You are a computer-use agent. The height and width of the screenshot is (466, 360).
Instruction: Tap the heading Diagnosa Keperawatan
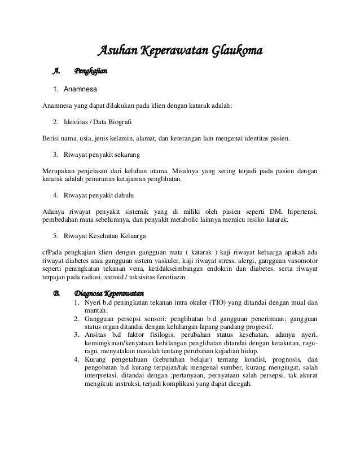[109, 294]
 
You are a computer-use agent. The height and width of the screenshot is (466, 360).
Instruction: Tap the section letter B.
[56, 294]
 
